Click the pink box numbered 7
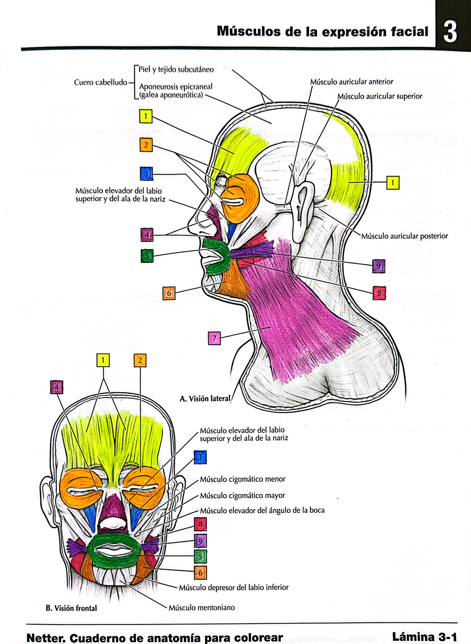tap(214, 338)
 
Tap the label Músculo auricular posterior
tap(404, 236)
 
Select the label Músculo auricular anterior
tap(351, 82)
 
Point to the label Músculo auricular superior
tap(380, 97)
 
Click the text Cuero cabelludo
tap(100, 82)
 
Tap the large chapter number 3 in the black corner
tap(450, 32)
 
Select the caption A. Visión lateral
tap(205, 399)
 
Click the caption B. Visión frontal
tap(71, 608)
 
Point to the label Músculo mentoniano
tap(201, 608)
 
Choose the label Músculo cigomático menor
tap(242, 479)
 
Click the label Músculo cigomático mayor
tap(242, 496)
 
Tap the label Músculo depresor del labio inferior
tap(234, 587)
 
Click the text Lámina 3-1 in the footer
tap(425, 637)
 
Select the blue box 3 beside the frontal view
tap(200, 457)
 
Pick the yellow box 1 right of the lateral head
tap(392, 183)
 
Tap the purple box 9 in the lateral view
tap(378, 266)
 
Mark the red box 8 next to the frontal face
tap(200, 524)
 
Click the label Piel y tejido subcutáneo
tap(176, 70)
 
